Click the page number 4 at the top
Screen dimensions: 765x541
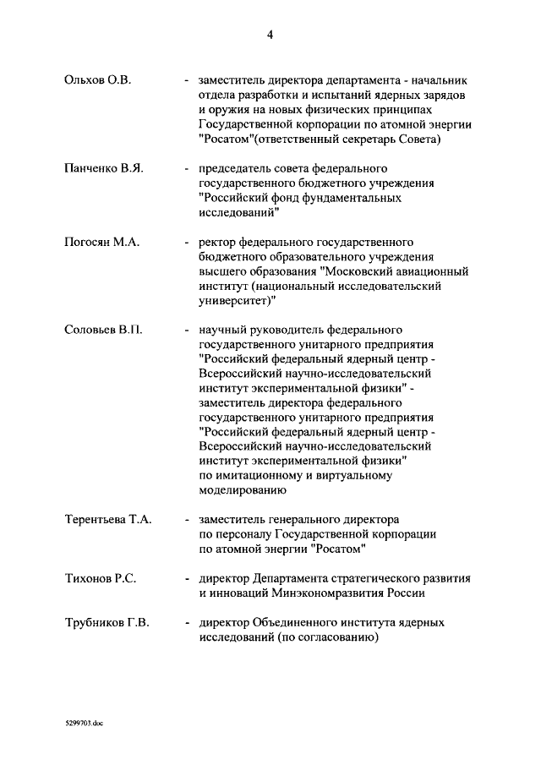[x=270, y=35]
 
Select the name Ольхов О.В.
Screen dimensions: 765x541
[x=98, y=80]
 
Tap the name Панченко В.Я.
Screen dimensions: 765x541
[x=104, y=168]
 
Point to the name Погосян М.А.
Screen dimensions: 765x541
[x=101, y=242]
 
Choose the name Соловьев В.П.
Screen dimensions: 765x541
[x=103, y=330]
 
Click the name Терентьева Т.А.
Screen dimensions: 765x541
[x=108, y=519]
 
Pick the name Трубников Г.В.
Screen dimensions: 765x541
[x=107, y=623]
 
